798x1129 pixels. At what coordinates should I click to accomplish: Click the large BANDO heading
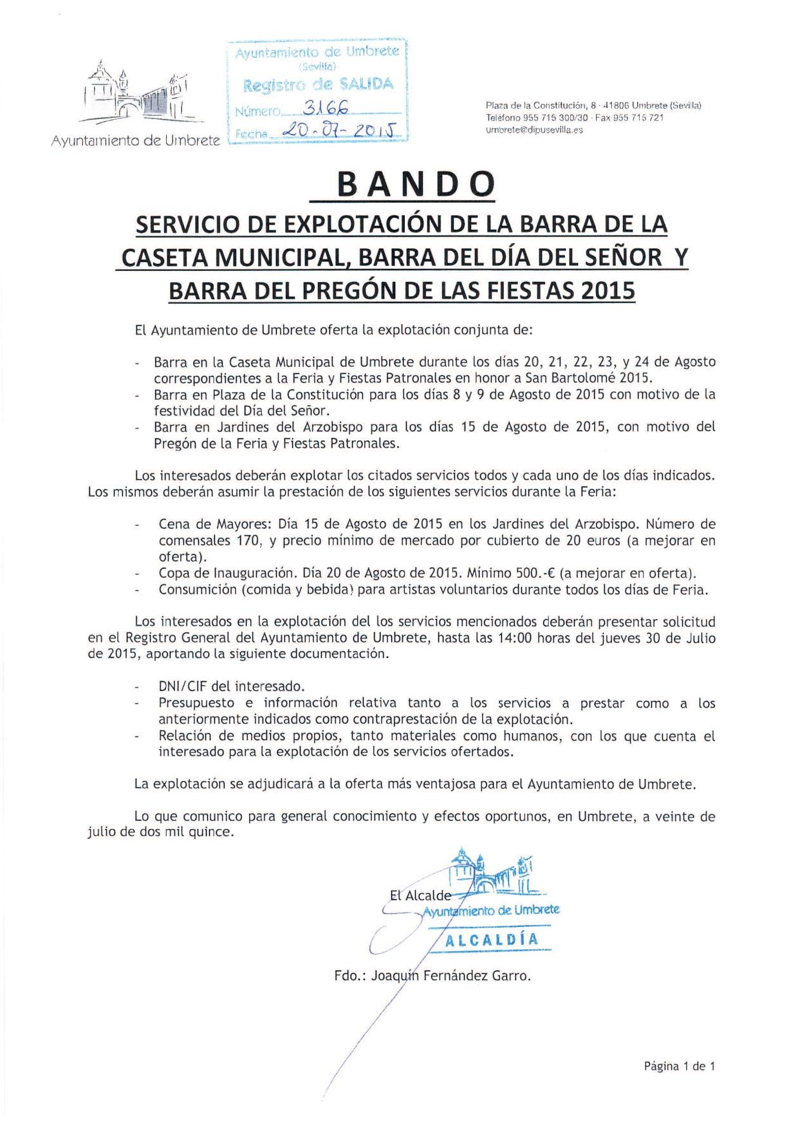click(416, 185)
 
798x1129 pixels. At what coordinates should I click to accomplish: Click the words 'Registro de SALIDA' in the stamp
click(318, 85)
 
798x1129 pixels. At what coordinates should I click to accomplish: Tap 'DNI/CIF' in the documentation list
click(184, 686)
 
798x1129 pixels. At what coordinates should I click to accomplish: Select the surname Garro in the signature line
click(511, 976)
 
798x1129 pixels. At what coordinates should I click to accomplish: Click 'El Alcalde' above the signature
click(420, 895)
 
